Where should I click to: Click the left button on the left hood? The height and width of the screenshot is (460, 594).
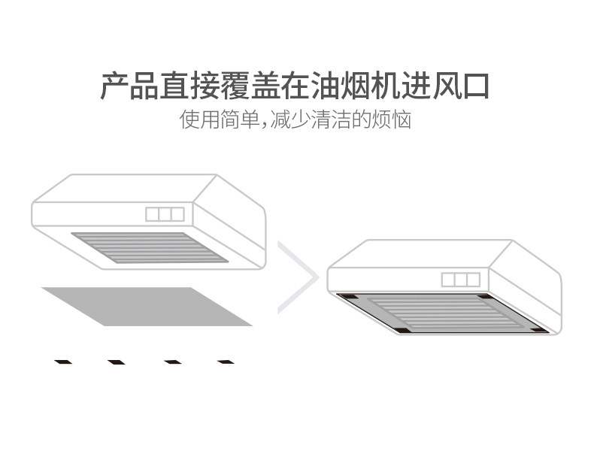tap(153, 214)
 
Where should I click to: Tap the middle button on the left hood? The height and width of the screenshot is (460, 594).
tap(165, 214)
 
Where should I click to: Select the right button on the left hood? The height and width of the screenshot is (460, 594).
tap(177, 214)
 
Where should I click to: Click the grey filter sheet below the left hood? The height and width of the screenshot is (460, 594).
tap(147, 306)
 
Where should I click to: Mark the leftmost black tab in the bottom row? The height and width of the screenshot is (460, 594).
tap(63, 362)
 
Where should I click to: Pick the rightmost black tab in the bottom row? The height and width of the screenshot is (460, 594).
tap(226, 362)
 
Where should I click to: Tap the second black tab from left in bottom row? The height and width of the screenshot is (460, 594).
tap(117, 362)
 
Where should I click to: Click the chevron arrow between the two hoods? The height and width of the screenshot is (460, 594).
tap(299, 277)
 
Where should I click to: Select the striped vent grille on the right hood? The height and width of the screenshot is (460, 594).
tap(444, 313)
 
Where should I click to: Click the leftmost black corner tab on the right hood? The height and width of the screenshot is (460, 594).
tap(347, 298)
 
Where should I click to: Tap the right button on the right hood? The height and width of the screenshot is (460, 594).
tap(473, 280)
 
